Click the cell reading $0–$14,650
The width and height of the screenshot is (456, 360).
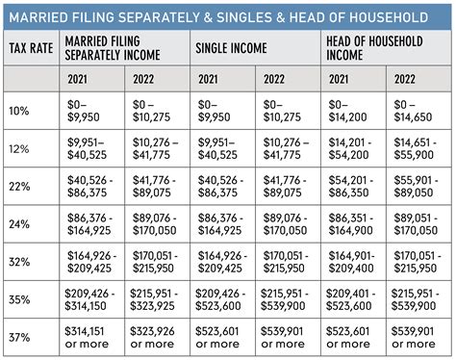pyautogui.click(x=418, y=110)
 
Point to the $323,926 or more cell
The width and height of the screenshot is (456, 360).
pyautogui.click(x=158, y=337)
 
